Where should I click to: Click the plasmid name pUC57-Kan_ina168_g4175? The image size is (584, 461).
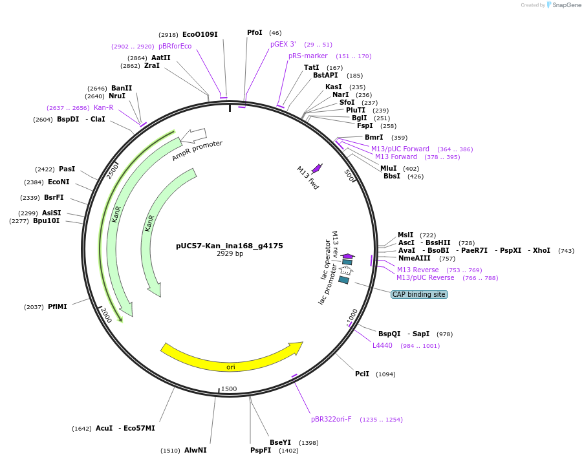click(x=229, y=246)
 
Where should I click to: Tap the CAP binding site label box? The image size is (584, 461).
click(x=418, y=294)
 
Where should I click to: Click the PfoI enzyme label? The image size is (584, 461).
click(x=255, y=32)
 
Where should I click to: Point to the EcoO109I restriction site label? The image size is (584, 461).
click(x=200, y=34)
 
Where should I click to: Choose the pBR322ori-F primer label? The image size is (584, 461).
click(x=331, y=419)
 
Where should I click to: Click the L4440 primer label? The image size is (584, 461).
click(x=382, y=345)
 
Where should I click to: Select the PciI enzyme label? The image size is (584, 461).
click(x=362, y=374)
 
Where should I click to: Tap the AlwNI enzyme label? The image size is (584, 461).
click(x=195, y=450)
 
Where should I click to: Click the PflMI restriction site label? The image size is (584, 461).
click(x=58, y=306)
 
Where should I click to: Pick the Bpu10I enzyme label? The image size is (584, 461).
click(x=47, y=220)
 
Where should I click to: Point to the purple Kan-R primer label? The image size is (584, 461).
click(x=103, y=107)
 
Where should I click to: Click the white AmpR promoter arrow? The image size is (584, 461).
click(x=193, y=136)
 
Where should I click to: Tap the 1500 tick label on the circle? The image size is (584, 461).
click(x=229, y=389)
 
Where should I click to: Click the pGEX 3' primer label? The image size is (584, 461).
click(x=283, y=44)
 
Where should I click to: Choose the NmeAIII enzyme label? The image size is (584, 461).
click(x=415, y=258)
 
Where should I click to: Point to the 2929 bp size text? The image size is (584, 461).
click(x=230, y=254)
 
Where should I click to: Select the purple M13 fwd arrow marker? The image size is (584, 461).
click(x=316, y=168)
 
